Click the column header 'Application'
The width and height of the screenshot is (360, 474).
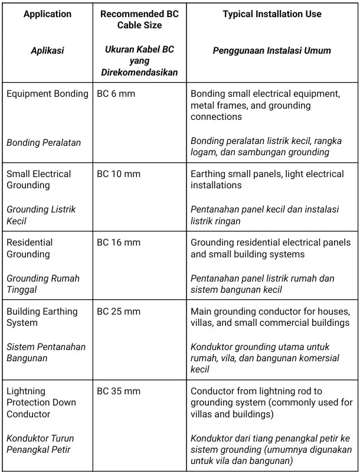click(x=47, y=14)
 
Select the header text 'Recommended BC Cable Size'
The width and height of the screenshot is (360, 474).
click(x=139, y=19)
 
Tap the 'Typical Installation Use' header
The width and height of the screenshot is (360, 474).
click(x=272, y=14)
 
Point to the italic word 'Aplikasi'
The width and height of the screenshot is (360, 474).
click(x=47, y=51)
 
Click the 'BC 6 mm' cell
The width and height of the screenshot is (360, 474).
click(x=116, y=94)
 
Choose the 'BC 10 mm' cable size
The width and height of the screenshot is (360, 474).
click(x=118, y=174)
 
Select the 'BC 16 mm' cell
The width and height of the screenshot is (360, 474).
click(x=118, y=243)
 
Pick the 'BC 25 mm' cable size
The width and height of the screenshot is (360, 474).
click(x=118, y=311)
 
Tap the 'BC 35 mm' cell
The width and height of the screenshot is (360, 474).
click(x=118, y=391)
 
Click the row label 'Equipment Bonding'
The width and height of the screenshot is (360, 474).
click(x=47, y=94)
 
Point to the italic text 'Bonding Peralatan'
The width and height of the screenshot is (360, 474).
click(x=44, y=142)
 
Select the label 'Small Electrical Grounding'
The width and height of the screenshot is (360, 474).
click(x=38, y=179)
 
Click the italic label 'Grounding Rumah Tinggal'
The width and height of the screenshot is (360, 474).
click(x=42, y=284)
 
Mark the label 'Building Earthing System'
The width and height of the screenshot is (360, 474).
click(x=41, y=317)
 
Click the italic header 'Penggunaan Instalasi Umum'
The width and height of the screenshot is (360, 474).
click(x=272, y=51)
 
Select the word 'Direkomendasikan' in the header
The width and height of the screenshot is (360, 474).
click(x=139, y=73)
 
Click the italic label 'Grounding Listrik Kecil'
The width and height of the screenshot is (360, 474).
click(x=41, y=215)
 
